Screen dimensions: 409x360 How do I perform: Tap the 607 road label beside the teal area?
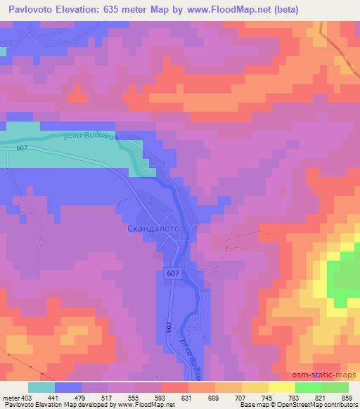(22, 148)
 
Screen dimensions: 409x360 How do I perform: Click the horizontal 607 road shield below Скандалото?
(173, 272)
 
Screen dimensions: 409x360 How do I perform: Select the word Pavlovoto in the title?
(32, 10)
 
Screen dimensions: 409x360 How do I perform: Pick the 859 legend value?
(347, 398)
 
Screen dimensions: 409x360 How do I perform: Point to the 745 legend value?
(266, 398)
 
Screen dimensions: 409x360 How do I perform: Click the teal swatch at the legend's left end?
(41, 387)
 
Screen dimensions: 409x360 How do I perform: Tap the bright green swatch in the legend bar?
(309, 387)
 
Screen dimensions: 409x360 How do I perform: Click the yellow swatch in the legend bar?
(282, 387)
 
